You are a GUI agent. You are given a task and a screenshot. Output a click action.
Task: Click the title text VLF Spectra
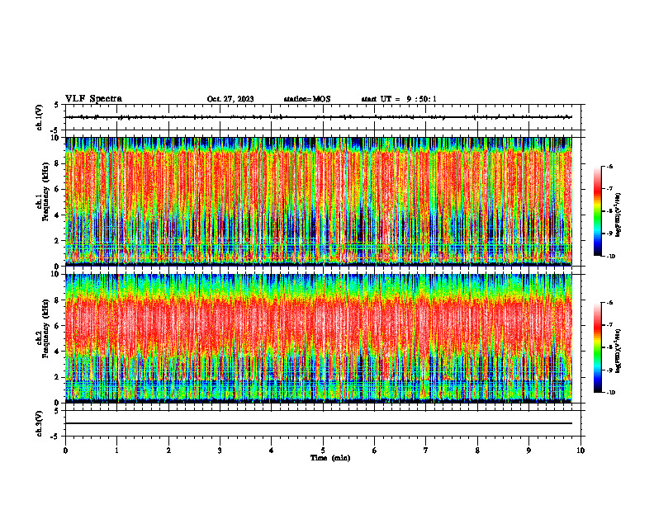click(x=93, y=99)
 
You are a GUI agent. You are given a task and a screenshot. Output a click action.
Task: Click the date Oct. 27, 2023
click(x=230, y=99)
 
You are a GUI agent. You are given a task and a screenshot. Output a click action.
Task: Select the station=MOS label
click(x=306, y=99)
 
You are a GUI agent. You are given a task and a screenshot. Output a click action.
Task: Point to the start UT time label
click(x=399, y=99)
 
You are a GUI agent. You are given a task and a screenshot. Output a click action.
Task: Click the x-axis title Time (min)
click(x=329, y=458)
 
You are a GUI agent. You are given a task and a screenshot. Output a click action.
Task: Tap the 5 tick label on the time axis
click(x=323, y=451)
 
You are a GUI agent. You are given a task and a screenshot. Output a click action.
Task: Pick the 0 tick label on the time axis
click(x=65, y=451)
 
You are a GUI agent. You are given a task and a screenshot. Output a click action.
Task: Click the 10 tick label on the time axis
click(x=581, y=451)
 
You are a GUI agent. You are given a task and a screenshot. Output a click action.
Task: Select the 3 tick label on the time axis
click(x=220, y=451)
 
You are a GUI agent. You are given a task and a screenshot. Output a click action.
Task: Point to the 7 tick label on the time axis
click(x=426, y=451)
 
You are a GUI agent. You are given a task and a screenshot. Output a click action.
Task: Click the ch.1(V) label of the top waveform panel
click(x=40, y=117)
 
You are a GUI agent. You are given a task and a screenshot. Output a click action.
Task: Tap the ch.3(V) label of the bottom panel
click(x=40, y=422)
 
